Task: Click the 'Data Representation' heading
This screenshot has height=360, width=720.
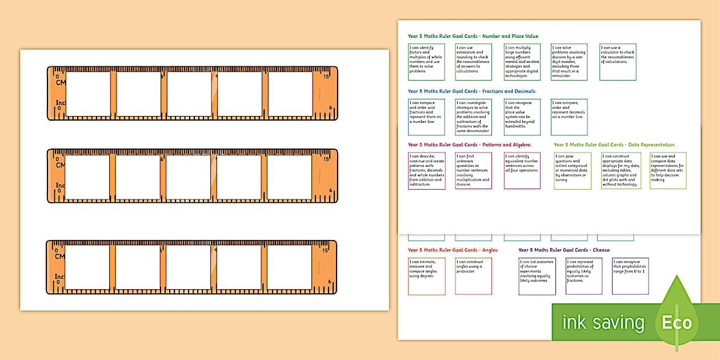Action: click(614, 145)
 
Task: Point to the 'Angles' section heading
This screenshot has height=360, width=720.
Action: click(453, 250)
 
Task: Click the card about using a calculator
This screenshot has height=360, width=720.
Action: click(617, 62)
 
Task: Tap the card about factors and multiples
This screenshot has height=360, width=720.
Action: click(426, 62)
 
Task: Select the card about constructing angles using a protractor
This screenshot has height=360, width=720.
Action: click(473, 276)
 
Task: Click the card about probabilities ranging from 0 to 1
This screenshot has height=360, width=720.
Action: click(630, 276)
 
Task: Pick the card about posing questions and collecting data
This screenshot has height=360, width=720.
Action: click(572, 170)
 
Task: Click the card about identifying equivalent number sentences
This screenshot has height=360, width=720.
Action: click(522, 170)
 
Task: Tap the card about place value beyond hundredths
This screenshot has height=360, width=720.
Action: click(522, 117)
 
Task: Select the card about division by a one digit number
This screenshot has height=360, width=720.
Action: click(569, 62)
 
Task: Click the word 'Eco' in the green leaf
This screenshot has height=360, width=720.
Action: click(677, 322)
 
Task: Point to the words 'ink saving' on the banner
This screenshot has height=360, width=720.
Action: click(603, 323)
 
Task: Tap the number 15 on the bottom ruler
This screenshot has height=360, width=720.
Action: click(326, 250)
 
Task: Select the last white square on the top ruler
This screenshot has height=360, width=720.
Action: click(290, 94)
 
